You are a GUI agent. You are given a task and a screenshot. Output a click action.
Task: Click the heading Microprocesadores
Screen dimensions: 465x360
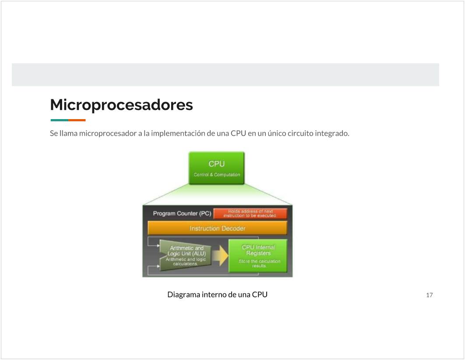coord(121,105)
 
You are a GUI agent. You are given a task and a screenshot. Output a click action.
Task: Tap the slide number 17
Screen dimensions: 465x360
coord(429,295)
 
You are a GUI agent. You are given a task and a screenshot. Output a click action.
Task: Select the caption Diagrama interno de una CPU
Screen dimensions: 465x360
coord(217,294)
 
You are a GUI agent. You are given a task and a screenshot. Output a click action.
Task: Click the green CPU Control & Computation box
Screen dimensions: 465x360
coord(216,168)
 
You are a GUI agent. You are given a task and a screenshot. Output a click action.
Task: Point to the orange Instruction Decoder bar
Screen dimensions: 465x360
coord(217,228)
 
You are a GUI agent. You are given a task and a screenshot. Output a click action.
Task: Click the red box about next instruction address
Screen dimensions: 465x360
coord(250,214)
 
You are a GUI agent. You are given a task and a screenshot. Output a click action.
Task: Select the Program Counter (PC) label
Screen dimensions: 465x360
coord(182,214)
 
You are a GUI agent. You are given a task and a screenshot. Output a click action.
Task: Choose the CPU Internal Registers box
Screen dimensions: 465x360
coord(258,256)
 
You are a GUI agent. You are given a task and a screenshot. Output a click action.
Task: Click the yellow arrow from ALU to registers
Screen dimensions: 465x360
coord(220,255)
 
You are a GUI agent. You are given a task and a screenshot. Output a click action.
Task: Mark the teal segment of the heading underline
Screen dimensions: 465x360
coord(59,120)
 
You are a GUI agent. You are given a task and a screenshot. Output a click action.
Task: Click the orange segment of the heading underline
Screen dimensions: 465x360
coord(77,120)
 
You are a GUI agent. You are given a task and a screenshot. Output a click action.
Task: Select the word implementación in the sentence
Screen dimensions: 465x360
coord(178,134)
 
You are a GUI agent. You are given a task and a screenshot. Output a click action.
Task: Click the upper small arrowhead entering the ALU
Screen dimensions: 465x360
coord(159,246)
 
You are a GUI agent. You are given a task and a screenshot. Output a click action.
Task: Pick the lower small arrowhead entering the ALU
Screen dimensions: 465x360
coord(159,266)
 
